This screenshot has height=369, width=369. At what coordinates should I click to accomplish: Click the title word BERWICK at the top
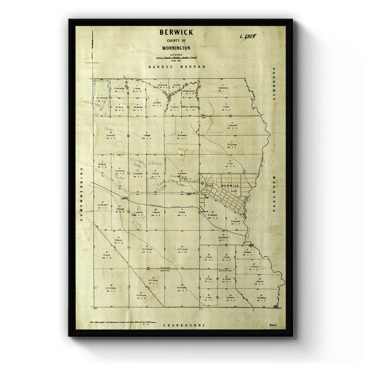(176, 32)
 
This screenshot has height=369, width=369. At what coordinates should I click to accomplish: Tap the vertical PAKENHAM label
(275, 196)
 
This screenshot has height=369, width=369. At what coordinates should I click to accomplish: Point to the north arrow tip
(92, 32)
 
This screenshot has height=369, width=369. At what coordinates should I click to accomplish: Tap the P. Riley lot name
(226, 107)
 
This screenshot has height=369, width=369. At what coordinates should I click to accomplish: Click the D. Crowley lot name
(110, 135)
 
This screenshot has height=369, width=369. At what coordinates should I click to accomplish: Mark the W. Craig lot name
(106, 255)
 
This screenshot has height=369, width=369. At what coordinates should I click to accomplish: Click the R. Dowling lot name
(261, 298)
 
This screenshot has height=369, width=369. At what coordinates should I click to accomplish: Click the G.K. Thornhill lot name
(102, 205)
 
